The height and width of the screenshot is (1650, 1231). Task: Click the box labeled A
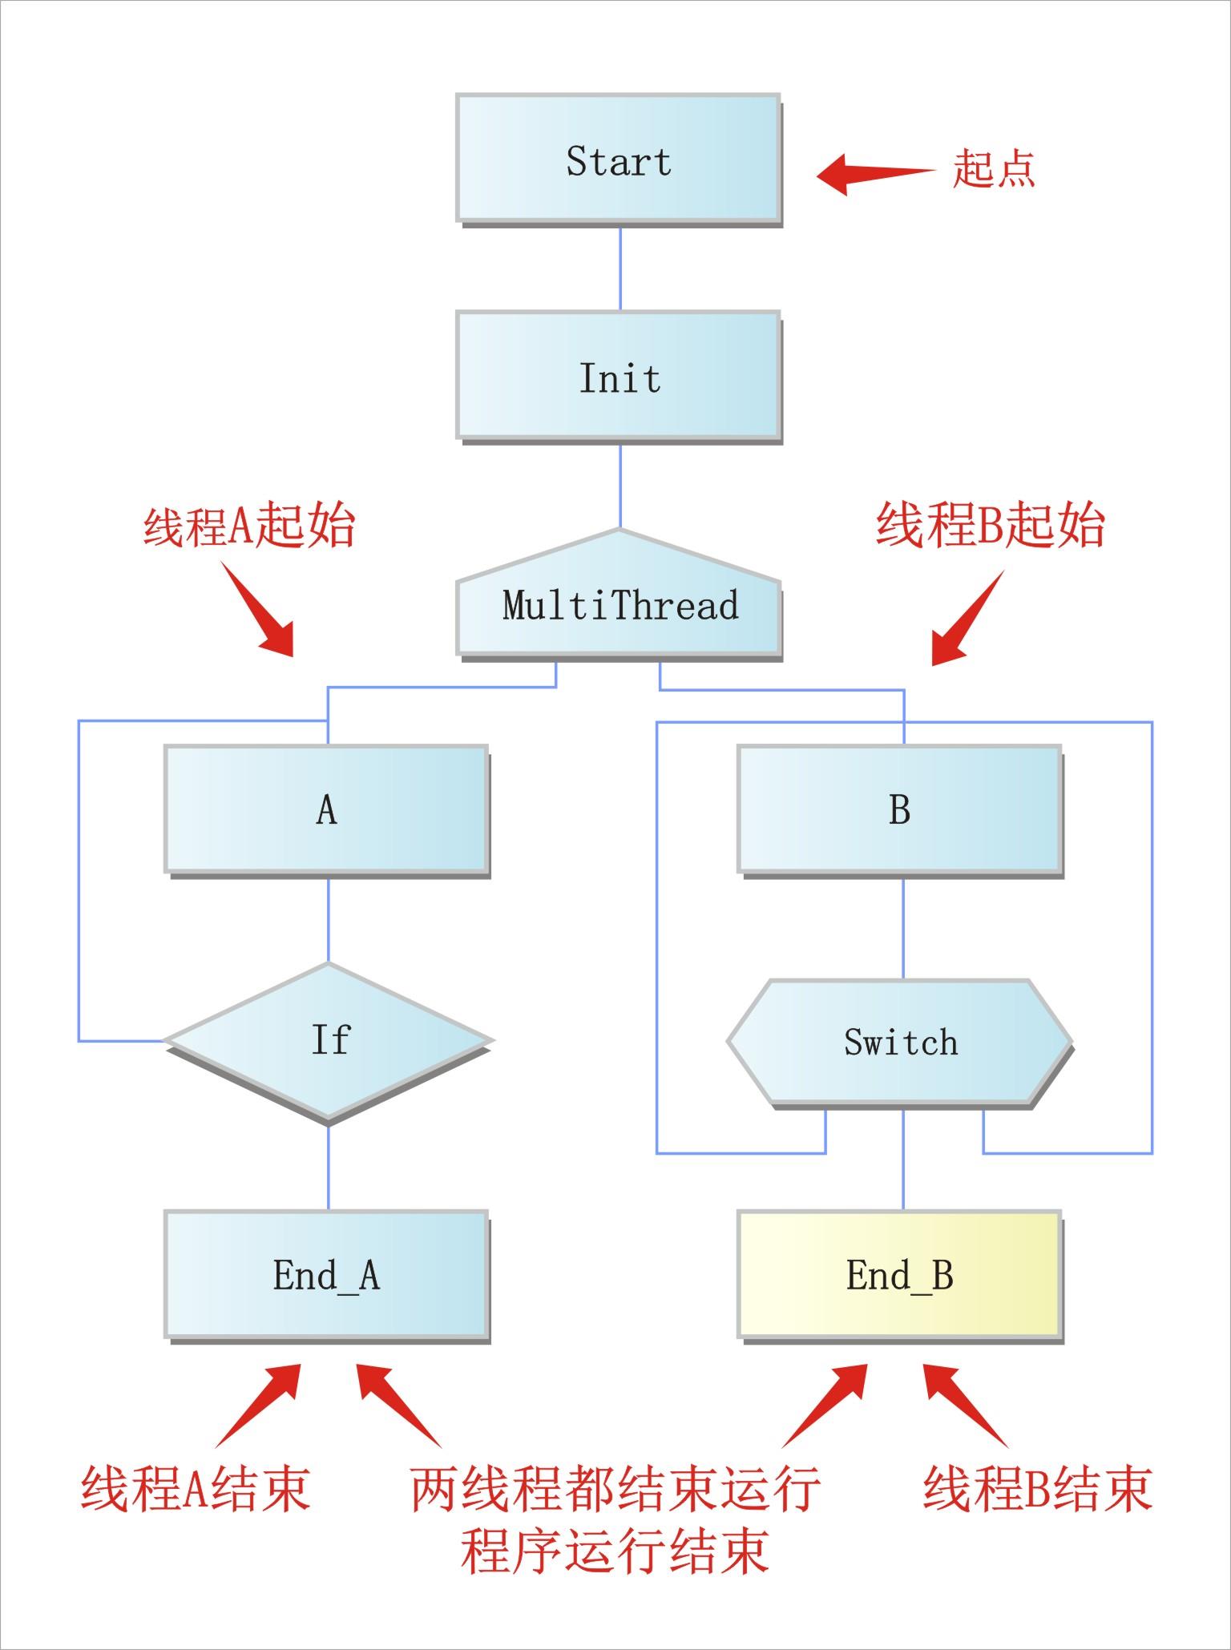coord(326,809)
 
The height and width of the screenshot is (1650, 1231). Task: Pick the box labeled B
coord(899,809)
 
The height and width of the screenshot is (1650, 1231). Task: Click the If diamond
coord(328,1040)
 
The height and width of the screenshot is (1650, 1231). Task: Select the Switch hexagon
coord(899,1042)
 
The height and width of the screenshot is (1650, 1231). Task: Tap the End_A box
coord(326,1273)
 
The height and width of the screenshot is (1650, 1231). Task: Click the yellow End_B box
coord(899,1273)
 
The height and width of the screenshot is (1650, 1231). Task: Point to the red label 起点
coord(993,169)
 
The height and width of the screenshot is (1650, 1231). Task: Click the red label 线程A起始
coord(248,526)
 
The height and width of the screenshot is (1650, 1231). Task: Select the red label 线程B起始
coord(990,526)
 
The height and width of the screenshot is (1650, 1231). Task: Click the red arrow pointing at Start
coord(874,174)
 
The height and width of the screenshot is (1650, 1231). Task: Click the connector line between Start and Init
coord(620,268)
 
